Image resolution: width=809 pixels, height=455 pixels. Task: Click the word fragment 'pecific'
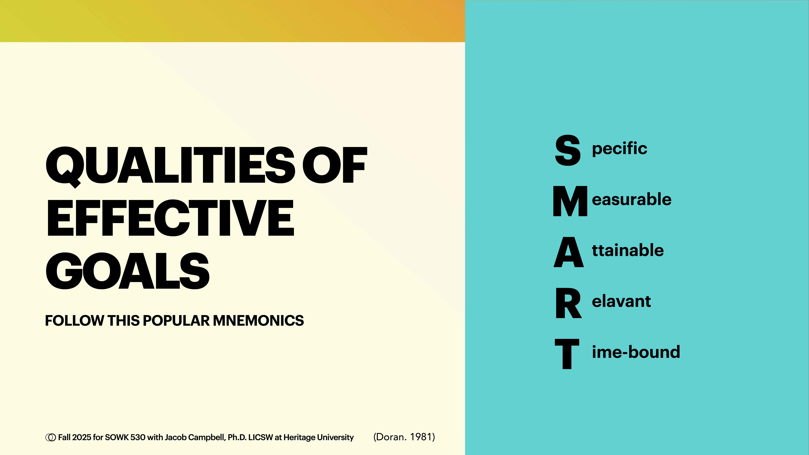tap(619, 149)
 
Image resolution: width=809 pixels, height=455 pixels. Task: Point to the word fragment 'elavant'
tap(621, 301)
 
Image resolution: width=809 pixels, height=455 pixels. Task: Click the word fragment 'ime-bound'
tap(636, 352)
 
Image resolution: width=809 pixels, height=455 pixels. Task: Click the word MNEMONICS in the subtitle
tap(258, 321)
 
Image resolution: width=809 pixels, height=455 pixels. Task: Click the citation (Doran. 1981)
tap(404, 437)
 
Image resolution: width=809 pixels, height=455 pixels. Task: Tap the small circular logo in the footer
tap(50, 437)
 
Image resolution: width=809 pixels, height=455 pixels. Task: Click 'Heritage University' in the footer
tap(318, 437)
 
